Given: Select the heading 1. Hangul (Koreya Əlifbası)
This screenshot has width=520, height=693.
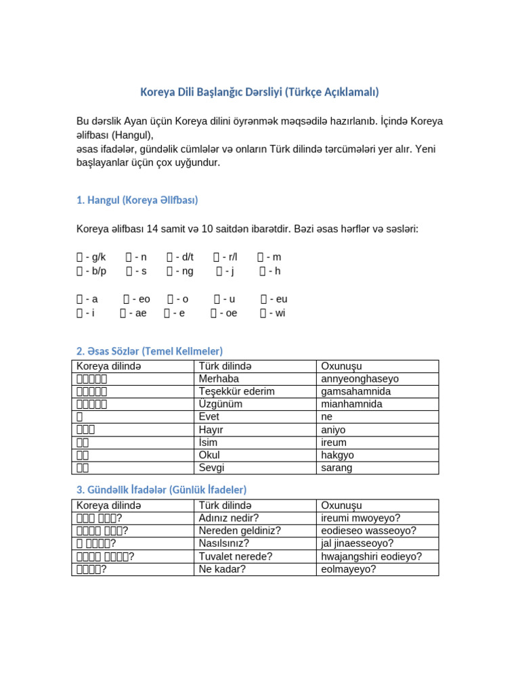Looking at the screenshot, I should tap(137, 200).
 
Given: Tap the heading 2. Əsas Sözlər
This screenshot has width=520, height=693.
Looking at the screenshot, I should tap(150, 351).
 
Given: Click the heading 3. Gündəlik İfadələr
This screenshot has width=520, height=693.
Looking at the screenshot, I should tap(161, 489).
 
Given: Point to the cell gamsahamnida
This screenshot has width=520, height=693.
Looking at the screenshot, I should tap(356, 392).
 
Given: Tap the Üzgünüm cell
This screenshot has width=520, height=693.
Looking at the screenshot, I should tap(220, 404).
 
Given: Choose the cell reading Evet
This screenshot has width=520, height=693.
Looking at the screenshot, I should tap(210, 417).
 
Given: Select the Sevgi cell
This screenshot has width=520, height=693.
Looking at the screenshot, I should tap(211, 468).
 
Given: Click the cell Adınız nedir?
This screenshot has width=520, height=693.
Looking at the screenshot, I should tap(229, 518).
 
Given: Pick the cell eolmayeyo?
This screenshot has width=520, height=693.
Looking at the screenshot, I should tap(349, 569).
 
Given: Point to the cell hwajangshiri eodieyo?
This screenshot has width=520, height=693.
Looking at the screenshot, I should tap(372, 556).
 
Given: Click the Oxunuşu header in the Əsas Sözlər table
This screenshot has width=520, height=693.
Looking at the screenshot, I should tap(341, 366).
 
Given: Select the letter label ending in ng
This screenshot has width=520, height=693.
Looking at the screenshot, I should tap(179, 271).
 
